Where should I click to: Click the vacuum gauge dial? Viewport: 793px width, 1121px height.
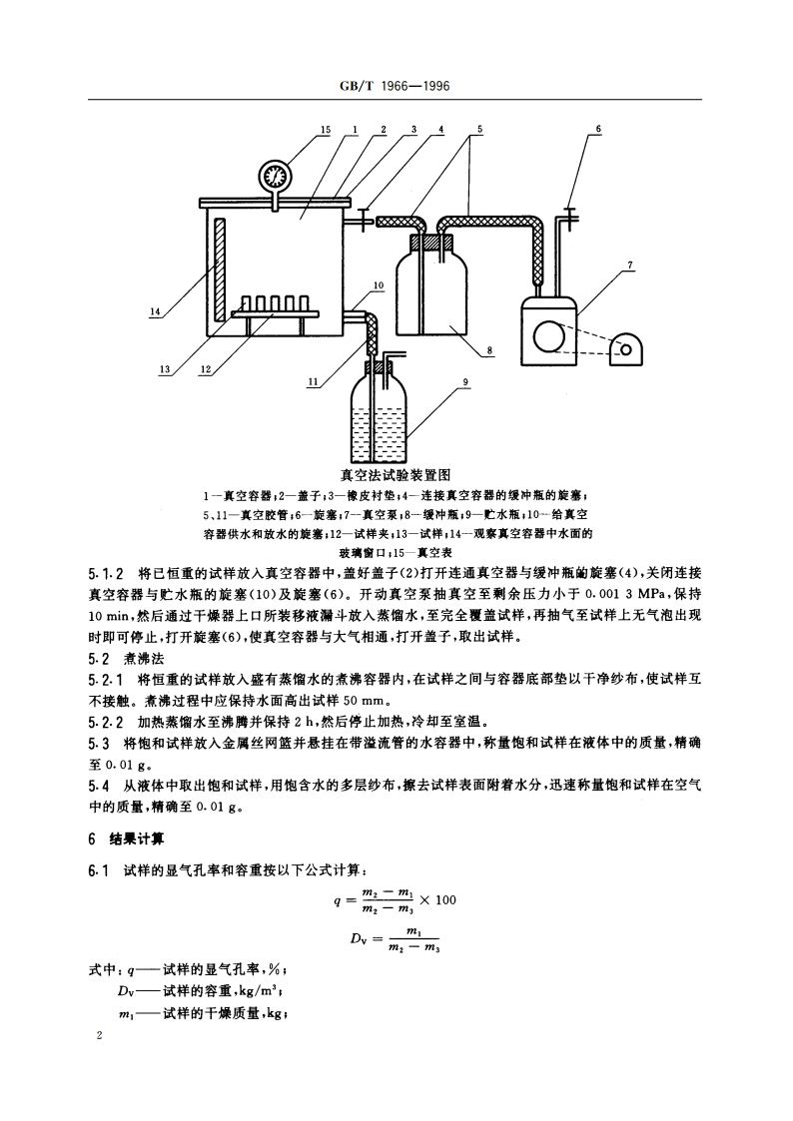click(273, 177)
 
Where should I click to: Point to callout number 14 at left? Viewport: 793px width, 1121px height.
click(155, 312)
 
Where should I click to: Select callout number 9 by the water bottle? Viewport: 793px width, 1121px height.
click(466, 380)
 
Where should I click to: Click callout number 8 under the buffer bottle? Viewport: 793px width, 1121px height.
click(491, 351)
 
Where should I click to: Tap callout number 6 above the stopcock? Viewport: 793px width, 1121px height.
click(598, 130)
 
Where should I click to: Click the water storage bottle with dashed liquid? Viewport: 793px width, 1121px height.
click(380, 419)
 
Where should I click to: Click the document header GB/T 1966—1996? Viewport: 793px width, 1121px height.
click(396, 87)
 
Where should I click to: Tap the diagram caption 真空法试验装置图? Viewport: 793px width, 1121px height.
click(396, 474)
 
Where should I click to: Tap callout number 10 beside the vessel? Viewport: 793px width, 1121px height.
click(380, 285)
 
